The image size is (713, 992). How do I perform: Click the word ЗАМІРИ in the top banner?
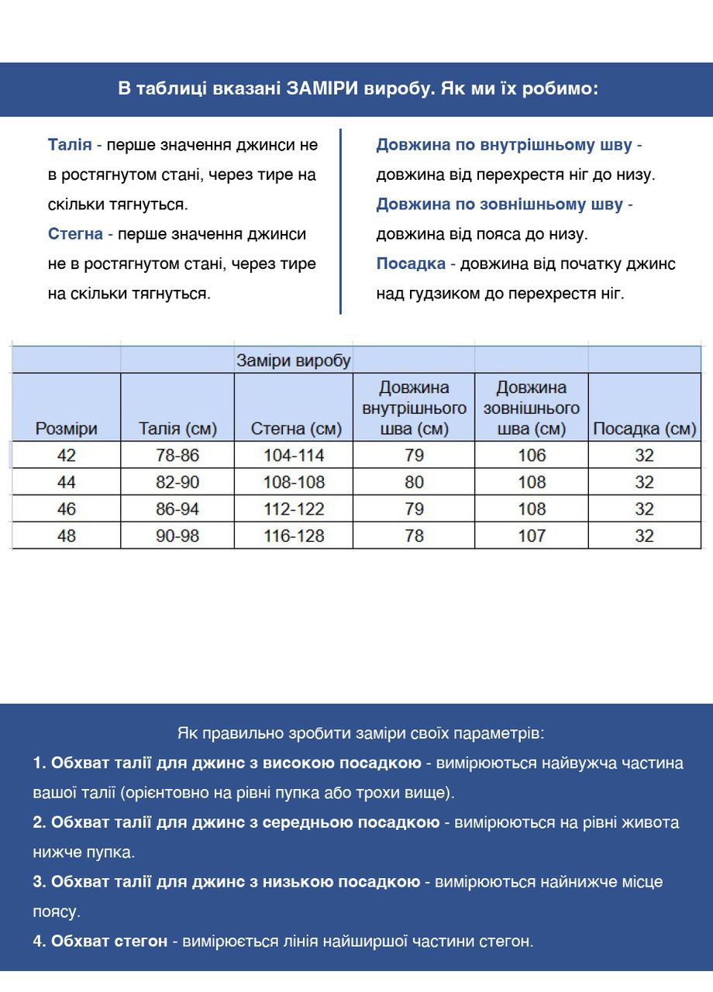[x=323, y=88]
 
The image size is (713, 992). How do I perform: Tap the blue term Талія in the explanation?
[x=70, y=145]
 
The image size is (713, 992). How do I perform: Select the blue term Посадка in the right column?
[x=411, y=263]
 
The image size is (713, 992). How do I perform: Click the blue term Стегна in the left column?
[x=75, y=234]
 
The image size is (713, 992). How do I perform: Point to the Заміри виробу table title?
[x=294, y=360]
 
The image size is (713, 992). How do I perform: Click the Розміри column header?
[x=66, y=429]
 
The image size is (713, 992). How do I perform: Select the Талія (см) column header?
[x=177, y=429]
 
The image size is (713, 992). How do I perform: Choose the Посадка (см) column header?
[x=644, y=429]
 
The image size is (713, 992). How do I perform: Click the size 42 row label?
[x=66, y=455]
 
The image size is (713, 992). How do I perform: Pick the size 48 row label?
[x=66, y=536]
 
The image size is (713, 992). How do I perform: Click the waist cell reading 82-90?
[x=177, y=482]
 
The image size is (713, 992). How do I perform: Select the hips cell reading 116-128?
[x=294, y=536]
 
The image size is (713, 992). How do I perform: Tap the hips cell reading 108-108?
[x=294, y=482]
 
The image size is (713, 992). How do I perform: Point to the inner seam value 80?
[x=414, y=482]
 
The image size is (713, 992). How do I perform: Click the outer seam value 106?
[x=532, y=455]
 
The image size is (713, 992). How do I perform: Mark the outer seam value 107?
[x=532, y=536]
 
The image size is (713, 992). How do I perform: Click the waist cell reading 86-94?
[x=177, y=509]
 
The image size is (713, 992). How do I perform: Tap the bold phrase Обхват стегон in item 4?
[x=109, y=941]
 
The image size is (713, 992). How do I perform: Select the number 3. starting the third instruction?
[x=40, y=882]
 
